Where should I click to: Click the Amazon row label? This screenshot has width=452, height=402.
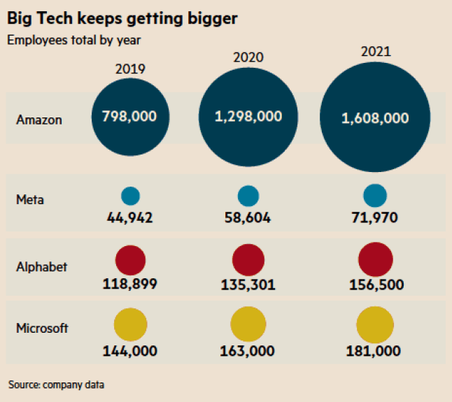(39, 120)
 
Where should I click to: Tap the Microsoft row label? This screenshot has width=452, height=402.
(42, 328)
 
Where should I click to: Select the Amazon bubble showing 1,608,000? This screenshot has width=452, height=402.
(375, 117)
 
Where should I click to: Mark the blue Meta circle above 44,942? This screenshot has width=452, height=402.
(131, 196)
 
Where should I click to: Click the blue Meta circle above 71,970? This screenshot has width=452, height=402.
(375, 196)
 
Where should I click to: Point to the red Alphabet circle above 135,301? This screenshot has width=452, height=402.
(248, 259)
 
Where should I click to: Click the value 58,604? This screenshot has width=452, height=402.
(248, 218)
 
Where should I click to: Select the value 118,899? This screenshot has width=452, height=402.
(129, 284)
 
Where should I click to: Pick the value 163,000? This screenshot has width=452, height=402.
(248, 350)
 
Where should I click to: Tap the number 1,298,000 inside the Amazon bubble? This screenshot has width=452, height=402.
(248, 116)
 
